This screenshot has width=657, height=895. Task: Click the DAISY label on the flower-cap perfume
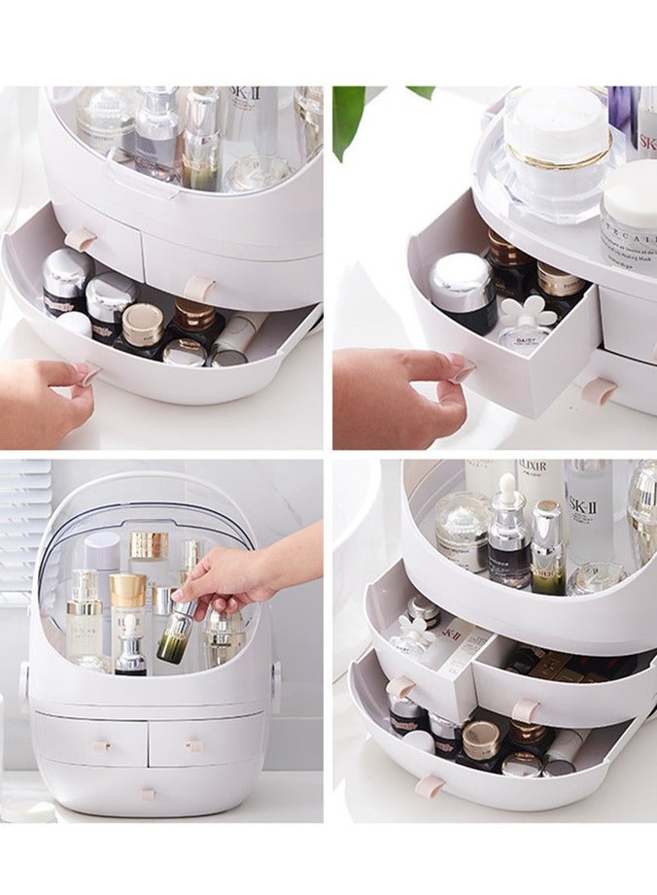(521, 339)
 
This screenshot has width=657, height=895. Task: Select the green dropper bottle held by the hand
(176, 632)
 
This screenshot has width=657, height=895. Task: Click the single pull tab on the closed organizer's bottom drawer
(148, 794)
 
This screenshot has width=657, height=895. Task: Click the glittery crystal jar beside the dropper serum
(461, 530)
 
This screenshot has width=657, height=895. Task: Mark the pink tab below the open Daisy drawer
(600, 392)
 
